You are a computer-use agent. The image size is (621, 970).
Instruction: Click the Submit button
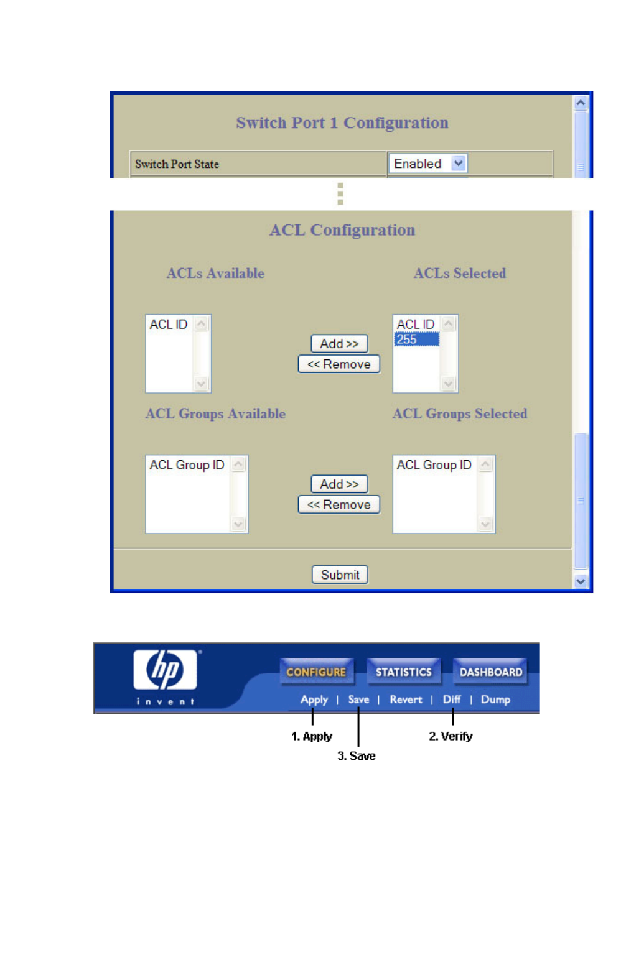340,575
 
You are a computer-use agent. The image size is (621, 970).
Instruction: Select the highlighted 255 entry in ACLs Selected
416,339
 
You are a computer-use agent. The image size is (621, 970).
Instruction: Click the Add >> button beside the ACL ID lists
339,344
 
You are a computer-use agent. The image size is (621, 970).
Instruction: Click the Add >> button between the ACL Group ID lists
339,484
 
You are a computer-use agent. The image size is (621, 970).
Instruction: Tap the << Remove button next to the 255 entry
339,364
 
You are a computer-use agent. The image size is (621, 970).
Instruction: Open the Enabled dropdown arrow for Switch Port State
459,164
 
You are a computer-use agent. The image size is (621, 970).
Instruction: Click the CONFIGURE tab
316,672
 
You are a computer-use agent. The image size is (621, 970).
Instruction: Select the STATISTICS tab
403,672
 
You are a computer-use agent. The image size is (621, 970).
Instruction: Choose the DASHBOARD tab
490,672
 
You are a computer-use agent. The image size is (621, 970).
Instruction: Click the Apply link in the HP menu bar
314,700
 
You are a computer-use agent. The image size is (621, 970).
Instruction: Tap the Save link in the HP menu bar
358,700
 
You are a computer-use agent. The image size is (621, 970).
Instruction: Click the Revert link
406,700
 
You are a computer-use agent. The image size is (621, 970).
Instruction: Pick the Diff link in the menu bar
452,700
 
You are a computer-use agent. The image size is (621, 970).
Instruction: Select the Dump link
495,700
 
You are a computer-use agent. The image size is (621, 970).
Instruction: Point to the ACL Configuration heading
342,230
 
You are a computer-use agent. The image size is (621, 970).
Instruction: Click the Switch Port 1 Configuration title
342,122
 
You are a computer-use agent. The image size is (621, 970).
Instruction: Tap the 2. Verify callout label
451,736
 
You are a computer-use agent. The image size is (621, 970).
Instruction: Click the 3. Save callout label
357,756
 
